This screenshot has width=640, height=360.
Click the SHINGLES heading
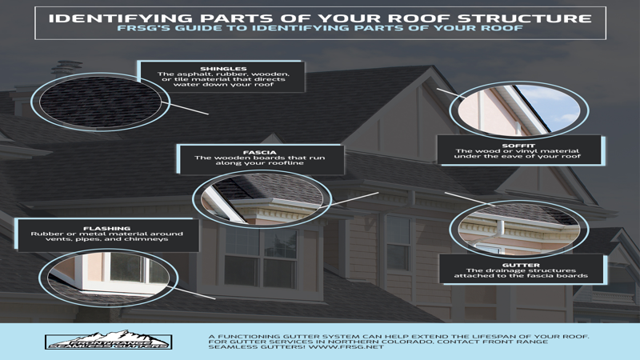pyautogui.click(x=223, y=69)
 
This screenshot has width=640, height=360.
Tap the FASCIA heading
pyautogui.click(x=259, y=152)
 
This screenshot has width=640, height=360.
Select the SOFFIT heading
pyautogui.click(x=518, y=146)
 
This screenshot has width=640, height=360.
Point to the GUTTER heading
pyautogui.click(x=521, y=266)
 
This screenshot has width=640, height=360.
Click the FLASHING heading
pyautogui.click(x=107, y=229)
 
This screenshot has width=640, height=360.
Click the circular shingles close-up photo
pyautogui.click(x=101, y=102)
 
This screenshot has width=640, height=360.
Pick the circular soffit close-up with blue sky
pyautogui.click(x=518, y=110)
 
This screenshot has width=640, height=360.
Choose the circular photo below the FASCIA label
pyautogui.click(x=262, y=198)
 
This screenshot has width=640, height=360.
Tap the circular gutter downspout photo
pyautogui.click(x=518, y=229)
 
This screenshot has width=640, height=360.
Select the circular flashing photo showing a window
pyautogui.click(x=109, y=278)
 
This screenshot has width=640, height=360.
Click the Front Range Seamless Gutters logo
pyautogui.click(x=109, y=340)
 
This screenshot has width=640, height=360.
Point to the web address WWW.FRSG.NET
pyautogui.click(x=346, y=347)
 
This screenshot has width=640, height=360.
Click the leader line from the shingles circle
pyautogui.click(x=188, y=109)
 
